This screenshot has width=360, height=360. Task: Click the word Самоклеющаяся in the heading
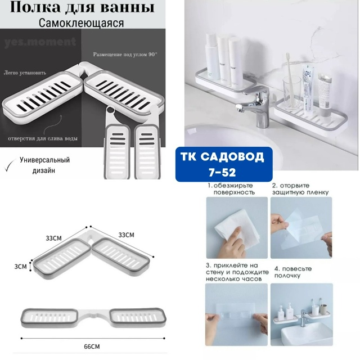click(x=81, y=23)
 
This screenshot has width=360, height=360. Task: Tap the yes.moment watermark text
click(x=40, y=42)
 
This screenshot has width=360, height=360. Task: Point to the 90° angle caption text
click(x=125, y=55)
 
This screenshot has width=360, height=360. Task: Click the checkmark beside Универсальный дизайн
click(x=10, y=165)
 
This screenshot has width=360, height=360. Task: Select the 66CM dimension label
click(x=92, y=346)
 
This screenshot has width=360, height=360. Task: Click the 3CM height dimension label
click(x=20, y=267)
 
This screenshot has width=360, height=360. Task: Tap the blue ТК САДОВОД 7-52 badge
click(x=224, y=164)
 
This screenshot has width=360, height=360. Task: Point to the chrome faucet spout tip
click(x=239, y=107)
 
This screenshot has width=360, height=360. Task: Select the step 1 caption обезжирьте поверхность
click(x=231, y=189)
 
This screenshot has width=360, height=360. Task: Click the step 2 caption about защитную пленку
click(x=300, y=189)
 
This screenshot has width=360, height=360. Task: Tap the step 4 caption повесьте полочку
click(x=293, y=272)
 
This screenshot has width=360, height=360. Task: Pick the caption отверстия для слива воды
click(x=43, y=139)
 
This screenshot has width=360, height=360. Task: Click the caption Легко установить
click(x=25, y=73)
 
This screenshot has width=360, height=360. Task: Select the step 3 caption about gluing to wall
click(x=237, y=272)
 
